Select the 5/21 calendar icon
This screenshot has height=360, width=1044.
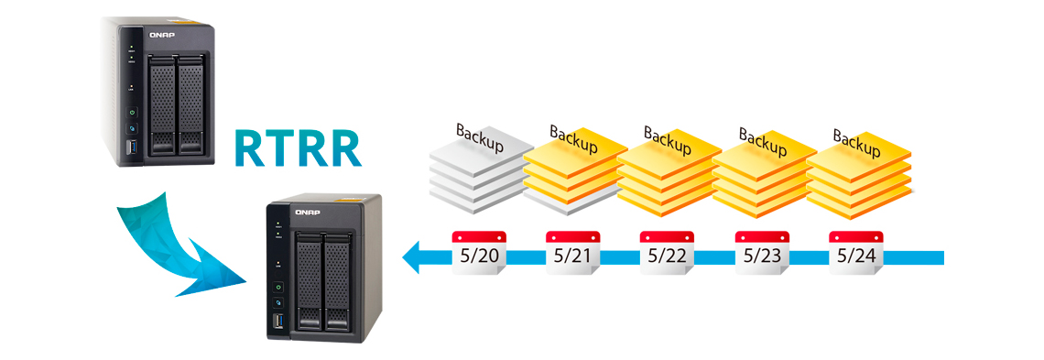pyautogui.click(x=572, y=253)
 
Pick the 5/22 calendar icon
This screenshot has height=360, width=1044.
pyautogui.click(x=666, y=253)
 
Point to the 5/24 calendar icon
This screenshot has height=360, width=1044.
pyautogui.click(x=855, y=253)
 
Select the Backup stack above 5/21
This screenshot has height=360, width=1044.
pyautogui.click(x=574, y=169)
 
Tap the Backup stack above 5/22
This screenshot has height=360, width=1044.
pyautogui.click(x=668, y=169)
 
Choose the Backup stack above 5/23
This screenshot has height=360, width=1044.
pyautogui.click(x=763, y=169)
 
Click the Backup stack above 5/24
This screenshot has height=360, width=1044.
pyautogui.click(x=858, y=169)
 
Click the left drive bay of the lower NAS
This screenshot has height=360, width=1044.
pyautogui.click(x=310, y=280)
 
